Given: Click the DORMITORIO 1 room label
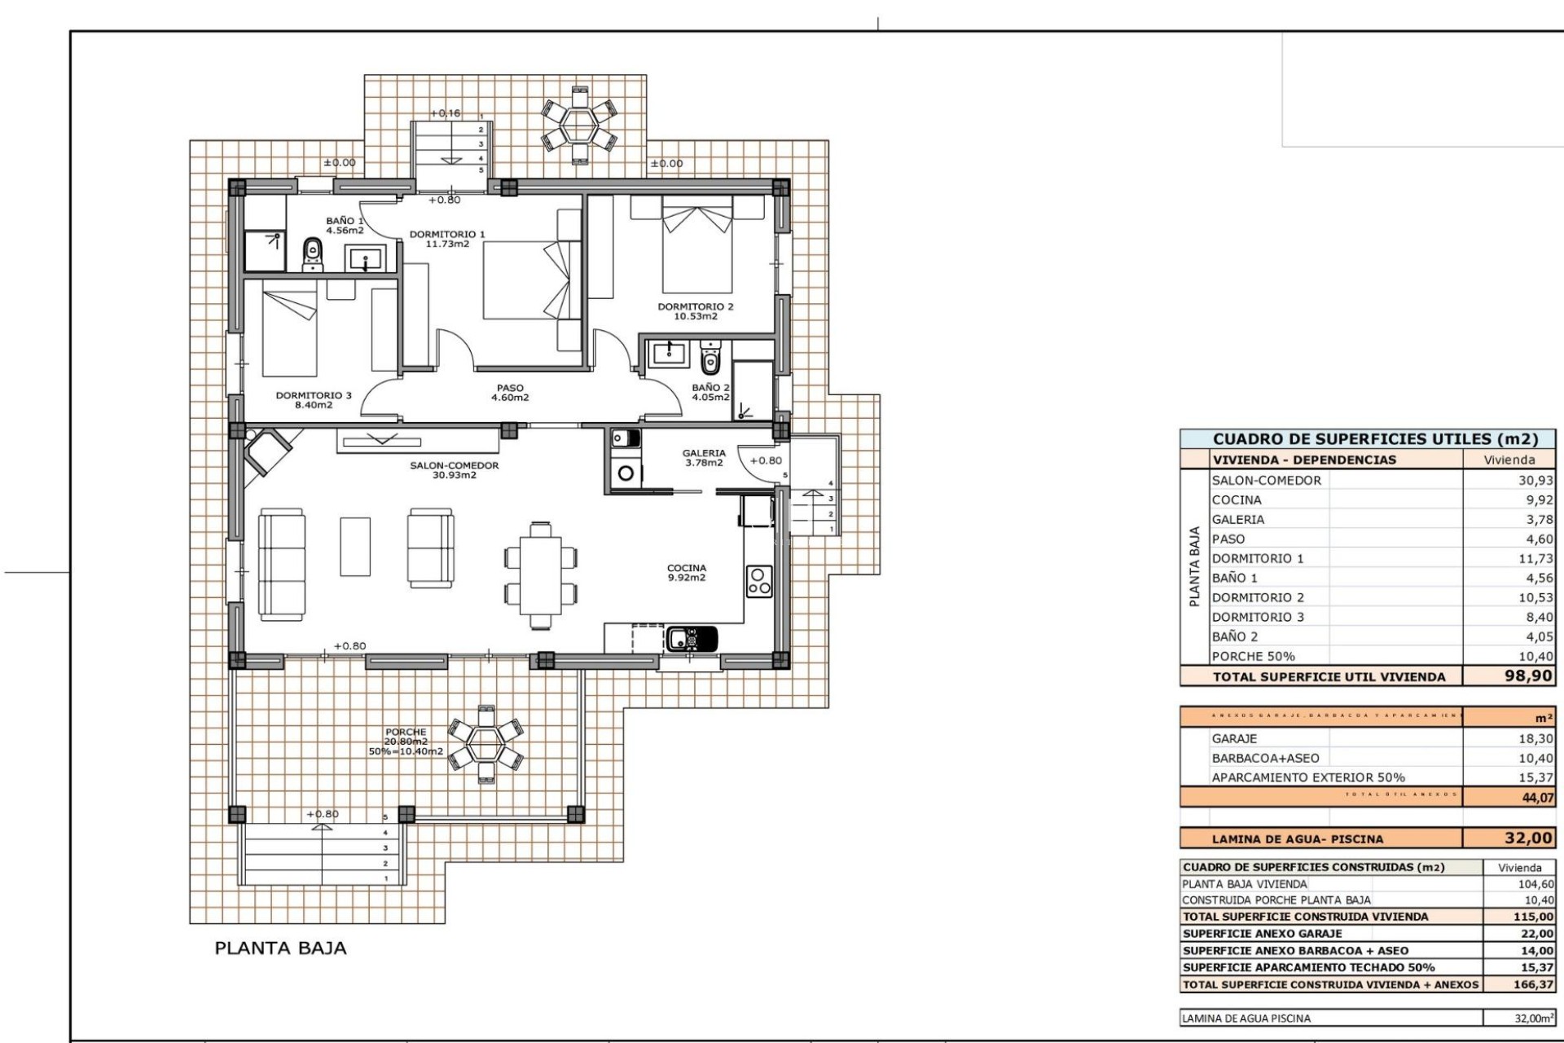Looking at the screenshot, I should coord(446,239).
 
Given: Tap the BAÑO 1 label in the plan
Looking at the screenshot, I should coord(345,226).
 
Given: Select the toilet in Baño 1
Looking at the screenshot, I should coord(312,254).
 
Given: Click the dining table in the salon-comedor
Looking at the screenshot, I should coord(540,575).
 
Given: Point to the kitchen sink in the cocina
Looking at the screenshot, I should coord(692,638).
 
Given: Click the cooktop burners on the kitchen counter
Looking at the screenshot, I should coord(759,581).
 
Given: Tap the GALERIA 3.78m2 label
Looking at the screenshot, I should coord(704,458).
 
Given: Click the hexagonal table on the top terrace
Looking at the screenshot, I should coord(580,123).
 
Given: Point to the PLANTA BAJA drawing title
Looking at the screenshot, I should coord(280,948).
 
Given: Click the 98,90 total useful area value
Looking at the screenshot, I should coord(1528,676).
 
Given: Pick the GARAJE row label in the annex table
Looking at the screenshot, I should coord(1234,738).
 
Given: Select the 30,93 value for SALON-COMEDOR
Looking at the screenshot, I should coord(1535,481).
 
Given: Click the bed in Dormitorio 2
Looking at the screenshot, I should coord(697,249).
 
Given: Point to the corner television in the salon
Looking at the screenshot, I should coord(267,451).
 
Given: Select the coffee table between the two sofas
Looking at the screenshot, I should coord(355,546).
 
